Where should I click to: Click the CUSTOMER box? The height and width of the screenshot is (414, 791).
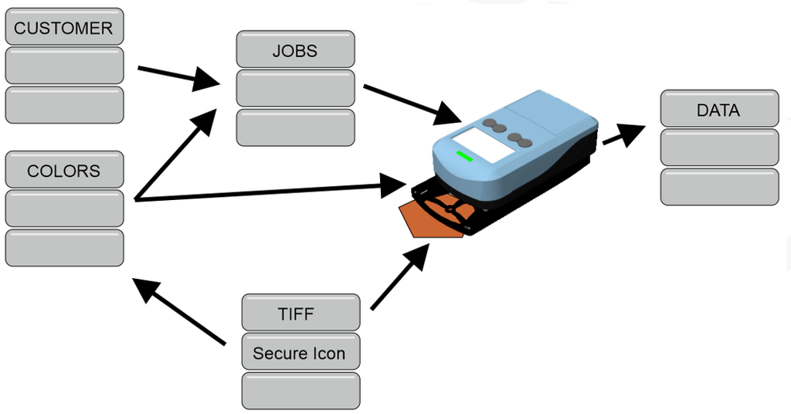pos(64,28)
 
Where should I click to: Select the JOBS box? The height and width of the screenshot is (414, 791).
pos(295,50)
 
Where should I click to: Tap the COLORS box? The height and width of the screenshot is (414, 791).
pos(64,170)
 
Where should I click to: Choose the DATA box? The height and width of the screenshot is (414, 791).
pos(719,110)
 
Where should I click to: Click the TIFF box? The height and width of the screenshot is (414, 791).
pos(300,314)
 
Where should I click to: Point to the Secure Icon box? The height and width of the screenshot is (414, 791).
pos(300,353)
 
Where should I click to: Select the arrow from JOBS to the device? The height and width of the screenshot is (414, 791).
pos(412,104)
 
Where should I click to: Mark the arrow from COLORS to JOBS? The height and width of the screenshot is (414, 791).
pos(175,154)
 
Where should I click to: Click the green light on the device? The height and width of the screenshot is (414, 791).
pos(464,156)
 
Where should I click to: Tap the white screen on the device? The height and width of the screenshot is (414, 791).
pos(480,144)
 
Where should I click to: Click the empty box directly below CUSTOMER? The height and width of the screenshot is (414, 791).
pos(64,66)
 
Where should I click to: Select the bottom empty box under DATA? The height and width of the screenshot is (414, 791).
pos(719,187)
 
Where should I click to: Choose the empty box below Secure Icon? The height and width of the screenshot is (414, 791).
pos(300,391)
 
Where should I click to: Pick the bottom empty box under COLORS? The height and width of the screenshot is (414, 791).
pos(64,248)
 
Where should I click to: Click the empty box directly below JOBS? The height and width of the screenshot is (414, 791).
pos(295,88)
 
